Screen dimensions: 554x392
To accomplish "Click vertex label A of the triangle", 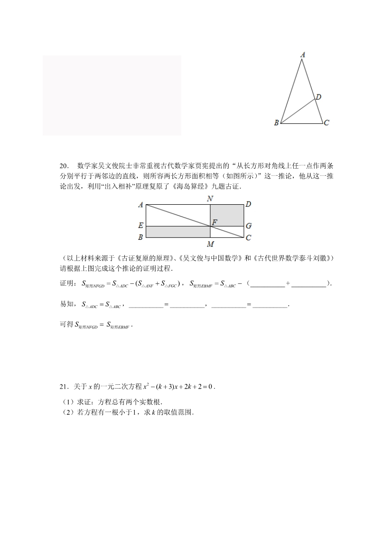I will pos(303,55).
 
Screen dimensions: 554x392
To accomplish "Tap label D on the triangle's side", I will pos(318,97).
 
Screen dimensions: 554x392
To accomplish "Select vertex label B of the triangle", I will pos(276,123).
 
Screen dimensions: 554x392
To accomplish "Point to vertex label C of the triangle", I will pos(327,123).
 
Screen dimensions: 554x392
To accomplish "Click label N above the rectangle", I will pos(210,199).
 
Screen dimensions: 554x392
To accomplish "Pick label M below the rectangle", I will pos(210,244).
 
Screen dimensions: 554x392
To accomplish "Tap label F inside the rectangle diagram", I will pos(215,221).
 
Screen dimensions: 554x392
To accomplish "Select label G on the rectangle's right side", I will pos(248,226).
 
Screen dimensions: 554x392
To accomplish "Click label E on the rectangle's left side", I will pos(140,226).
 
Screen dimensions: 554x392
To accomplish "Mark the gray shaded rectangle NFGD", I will pos(227,215).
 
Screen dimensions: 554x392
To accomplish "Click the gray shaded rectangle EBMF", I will pos(178,231).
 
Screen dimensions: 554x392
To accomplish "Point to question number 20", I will pos(65,166).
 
